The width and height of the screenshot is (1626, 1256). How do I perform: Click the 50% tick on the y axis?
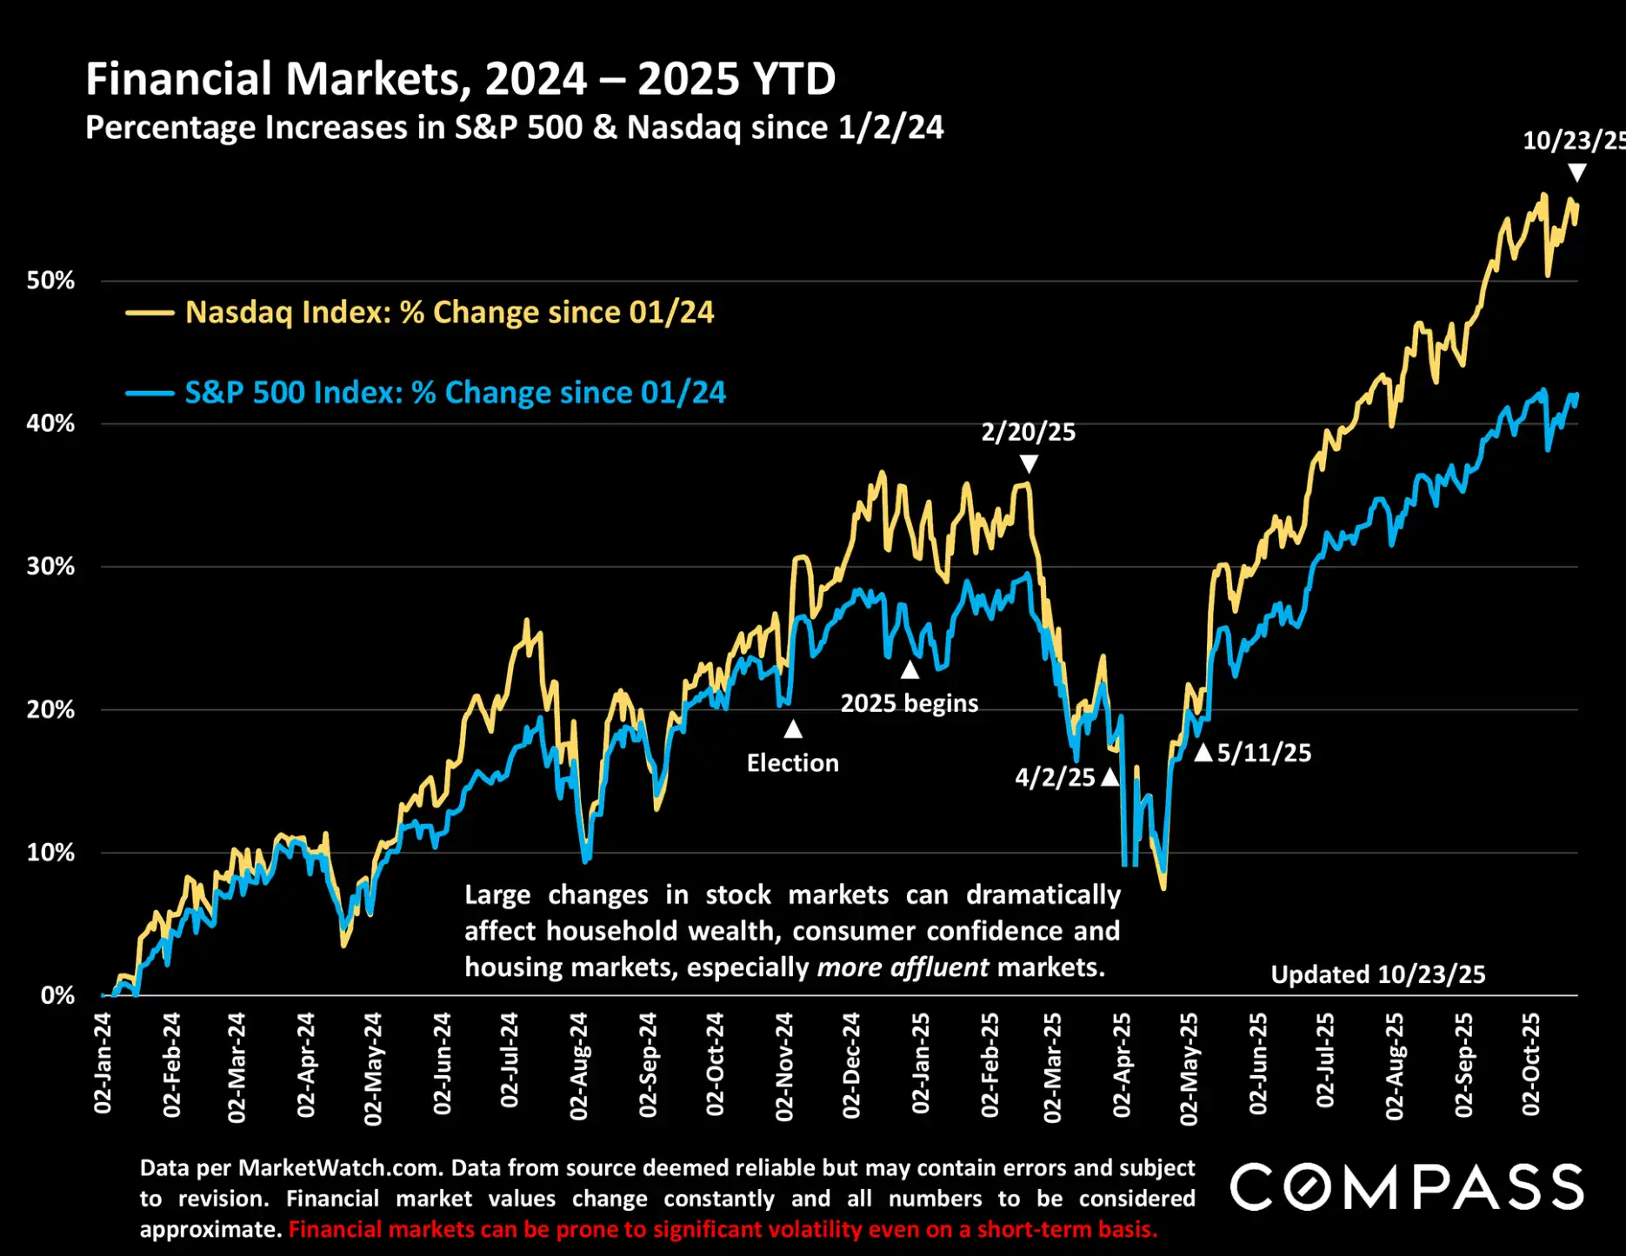pyautogui.click(x=50, y=281)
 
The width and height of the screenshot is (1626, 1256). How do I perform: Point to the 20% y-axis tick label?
pyautogui.click(x=50, y=709)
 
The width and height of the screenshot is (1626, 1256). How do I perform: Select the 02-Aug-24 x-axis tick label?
pyautogui.click(x=579, y=1066)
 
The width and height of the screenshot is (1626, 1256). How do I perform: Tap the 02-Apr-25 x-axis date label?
pyautogui.click(x=1123, y=1065)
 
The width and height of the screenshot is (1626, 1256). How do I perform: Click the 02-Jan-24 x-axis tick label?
pyautogui.click(x=103, y=1062)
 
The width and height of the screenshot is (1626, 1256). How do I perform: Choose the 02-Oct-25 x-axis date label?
pyautogui.click(x=1531, y=1064)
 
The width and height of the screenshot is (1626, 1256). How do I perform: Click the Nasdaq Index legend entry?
pyautogui.click(x=449, y=312)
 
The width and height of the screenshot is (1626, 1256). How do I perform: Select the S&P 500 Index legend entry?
pyautogui.click(x=455, y=392)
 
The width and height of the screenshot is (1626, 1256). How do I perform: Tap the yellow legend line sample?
pyautogui.click(x=150, y=313)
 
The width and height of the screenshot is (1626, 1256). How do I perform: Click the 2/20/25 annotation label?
pyautogui.click(x=1028, y=432)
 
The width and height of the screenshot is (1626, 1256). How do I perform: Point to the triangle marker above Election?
pyautogui.click(x=792, y=729)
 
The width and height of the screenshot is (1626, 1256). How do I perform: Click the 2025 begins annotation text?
pyautogui.click(x=909, y=702)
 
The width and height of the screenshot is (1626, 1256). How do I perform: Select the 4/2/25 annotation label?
pyautogui.click(x=1055, y=777)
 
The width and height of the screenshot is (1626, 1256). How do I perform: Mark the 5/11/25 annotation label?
pyautogui.click(x=1263, y=753)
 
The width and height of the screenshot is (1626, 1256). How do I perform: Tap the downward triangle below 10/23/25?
pyautogui.click(x=1576, y=173)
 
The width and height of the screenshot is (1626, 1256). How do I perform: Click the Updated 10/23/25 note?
pyautogui.click(x=1377, y=974)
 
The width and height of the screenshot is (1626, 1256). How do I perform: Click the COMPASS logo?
pyautogui.click(x=1406, y=1187)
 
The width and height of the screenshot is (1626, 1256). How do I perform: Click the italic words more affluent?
pyautogui.click(x=903, y=967)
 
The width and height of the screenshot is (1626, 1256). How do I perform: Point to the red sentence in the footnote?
pyautogui.click(x=723, y=1229)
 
